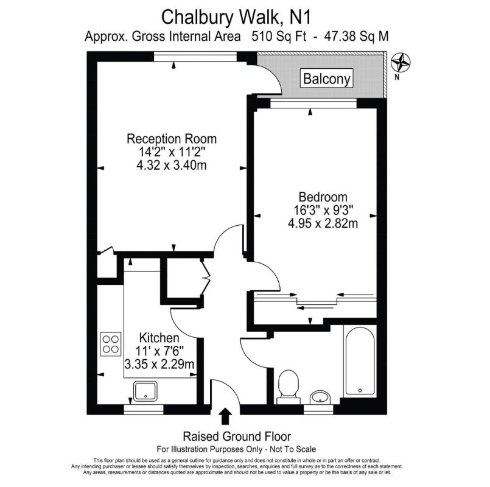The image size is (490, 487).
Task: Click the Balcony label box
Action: [326, 78]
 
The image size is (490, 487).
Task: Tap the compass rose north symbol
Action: [401, 63]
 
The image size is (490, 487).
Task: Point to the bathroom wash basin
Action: [320, 398]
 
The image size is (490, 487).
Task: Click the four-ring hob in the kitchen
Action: [111, 344]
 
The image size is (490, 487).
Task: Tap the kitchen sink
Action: [145, 391]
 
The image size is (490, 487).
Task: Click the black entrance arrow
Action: [225, 416]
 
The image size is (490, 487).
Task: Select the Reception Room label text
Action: [172, 139]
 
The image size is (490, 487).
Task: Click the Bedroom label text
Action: [323, 197]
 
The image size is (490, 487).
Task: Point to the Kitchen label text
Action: [159, 338]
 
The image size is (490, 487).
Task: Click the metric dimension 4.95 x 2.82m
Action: [323, 223]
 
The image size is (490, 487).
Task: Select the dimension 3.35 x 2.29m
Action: [159, 364]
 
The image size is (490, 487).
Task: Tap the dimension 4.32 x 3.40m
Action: [172, 165]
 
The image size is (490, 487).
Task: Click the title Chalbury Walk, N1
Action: [236, 17]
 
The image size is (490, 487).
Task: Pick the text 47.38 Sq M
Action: [356, 37]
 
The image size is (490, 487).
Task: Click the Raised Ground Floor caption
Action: [237, 436]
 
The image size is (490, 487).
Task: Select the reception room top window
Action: [195, 56]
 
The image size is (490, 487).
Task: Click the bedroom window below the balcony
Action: [313, 103]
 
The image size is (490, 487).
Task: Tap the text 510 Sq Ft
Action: [279, 37]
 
